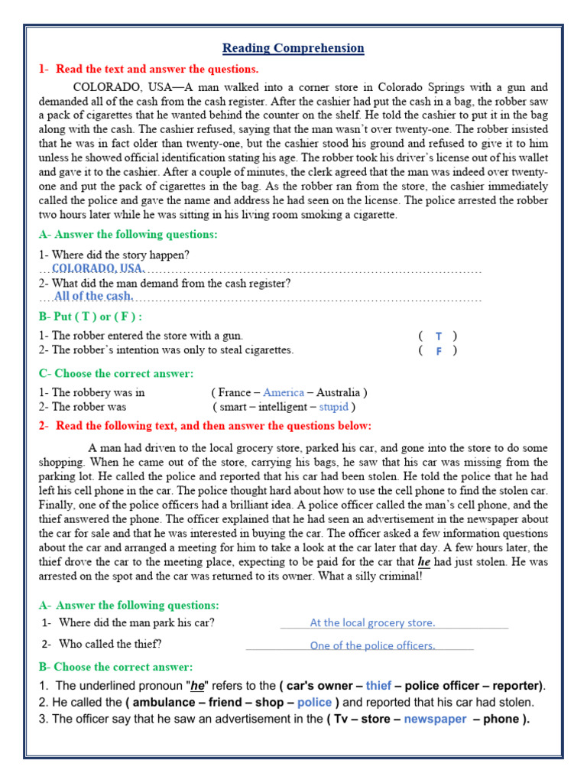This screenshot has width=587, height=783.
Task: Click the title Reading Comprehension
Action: [293, 48]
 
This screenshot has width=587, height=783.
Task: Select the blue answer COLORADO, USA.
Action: [98, 268]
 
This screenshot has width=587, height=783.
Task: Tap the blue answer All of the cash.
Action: [94, 296]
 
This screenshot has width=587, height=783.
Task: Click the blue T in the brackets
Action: [439, 336]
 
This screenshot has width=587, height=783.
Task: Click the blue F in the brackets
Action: [439, 351]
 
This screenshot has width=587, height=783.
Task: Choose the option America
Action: [284, 392]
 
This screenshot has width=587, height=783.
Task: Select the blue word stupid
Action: [333, 407]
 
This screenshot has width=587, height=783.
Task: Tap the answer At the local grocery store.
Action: [372, 622]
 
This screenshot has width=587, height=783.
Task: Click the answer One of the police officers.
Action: [372, 645]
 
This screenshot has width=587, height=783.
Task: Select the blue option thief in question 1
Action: [378, 685]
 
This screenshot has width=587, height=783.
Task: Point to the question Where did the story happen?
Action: [114, 255]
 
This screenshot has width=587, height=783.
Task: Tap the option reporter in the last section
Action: [515, 685]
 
